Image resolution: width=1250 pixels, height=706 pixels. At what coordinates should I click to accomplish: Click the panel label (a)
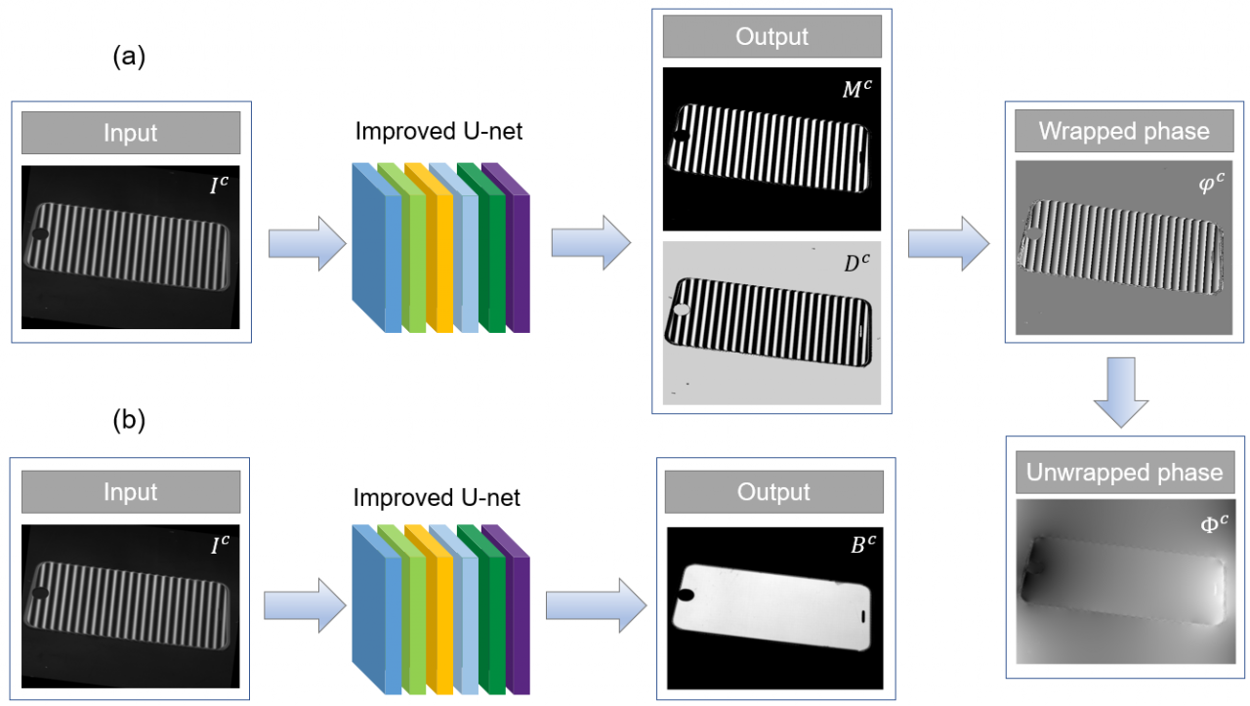(x=129, y=58)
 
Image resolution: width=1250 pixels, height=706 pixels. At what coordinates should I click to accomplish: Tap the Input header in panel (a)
(x=131, y=133)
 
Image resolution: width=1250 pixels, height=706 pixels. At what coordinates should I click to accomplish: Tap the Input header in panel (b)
(x=131, y=492)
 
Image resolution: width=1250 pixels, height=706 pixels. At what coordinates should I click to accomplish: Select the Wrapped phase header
(x=1124, y=131)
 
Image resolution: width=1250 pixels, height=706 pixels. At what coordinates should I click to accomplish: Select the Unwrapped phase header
(x=1124, y=473)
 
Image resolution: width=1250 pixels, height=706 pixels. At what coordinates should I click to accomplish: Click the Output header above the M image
(x=771, y=37)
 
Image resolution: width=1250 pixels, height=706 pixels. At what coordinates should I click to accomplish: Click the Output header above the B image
(x=774, y=491)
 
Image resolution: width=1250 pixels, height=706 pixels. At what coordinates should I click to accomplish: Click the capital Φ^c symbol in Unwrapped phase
(x=1210, y=524)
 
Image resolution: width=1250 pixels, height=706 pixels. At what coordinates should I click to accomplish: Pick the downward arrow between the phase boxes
(x=1124, y=392)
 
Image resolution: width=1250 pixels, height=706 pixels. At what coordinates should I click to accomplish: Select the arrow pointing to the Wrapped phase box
(x=946, y=244)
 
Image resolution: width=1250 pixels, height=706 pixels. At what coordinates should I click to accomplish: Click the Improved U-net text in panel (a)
(x=438, y=132)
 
